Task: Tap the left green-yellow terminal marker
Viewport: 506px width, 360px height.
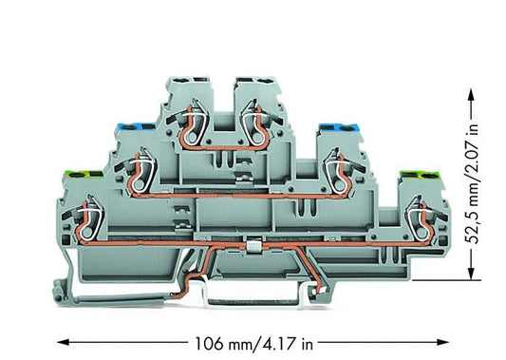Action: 83,176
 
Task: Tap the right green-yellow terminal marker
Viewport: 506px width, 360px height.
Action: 419,176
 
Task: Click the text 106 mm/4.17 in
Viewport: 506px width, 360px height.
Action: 253,344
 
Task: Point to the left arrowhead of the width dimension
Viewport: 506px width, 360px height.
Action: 64,342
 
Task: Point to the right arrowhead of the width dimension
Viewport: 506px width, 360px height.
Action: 442,342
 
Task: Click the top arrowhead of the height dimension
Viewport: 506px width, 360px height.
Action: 472,95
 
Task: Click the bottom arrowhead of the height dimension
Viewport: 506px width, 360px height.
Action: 472,274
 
